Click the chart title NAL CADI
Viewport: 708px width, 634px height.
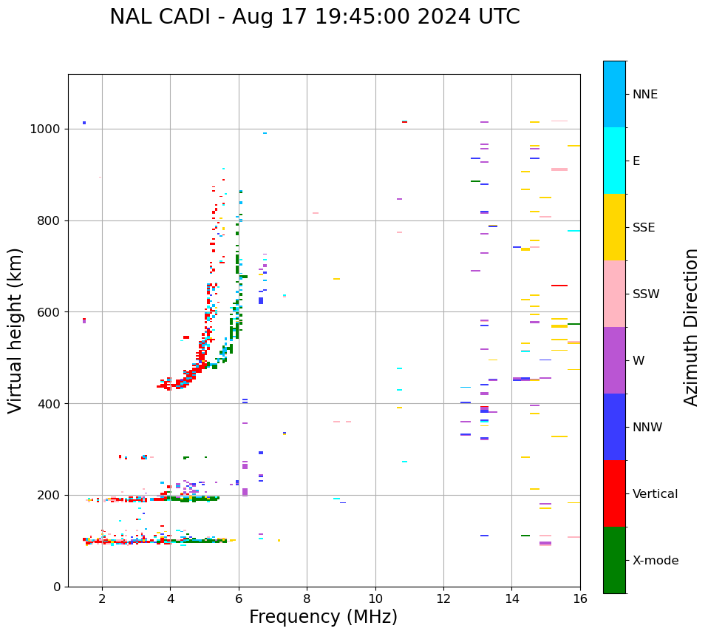tap(314, 17)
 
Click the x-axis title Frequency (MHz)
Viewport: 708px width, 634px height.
tap(323, 617)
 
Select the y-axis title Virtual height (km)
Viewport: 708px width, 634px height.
tap(16, 330)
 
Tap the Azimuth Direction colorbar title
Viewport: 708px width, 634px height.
tap(691, 327)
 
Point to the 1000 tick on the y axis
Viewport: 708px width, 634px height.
tap(49, 129)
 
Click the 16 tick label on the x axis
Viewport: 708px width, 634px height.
tap(580, 598)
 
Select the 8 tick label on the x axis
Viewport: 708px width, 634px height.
tap(307, 598)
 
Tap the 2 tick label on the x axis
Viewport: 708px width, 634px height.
tap(102, 598)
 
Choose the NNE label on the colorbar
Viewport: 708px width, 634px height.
tap(644, 95)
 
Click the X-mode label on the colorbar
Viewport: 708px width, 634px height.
tap(656, 561)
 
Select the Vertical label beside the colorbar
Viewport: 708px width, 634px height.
tap(655, 494)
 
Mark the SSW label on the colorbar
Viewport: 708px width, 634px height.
tap(646, 294)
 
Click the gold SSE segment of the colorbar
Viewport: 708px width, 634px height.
tap(614, 227)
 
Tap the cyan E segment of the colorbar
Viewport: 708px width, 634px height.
tap(614, 161)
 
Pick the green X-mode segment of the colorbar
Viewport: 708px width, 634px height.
tap(614, 560)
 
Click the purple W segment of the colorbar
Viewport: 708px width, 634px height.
tap(614, 360)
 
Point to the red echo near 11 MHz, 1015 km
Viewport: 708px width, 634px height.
tap(404, 122)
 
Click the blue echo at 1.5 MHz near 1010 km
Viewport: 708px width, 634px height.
tap(84, 123)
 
